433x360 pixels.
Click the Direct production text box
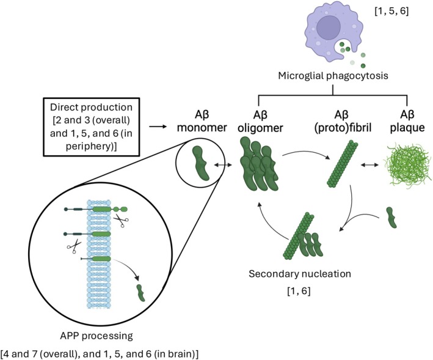click(x=92, y=127)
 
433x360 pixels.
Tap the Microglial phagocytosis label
click(x=333, y=75)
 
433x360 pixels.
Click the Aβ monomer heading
click(x=202, y=121)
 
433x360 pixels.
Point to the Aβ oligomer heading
click(x=261, y=121)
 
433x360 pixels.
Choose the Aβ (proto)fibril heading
click(x=343, y=121)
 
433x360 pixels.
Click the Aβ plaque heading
click(x=407, y=121)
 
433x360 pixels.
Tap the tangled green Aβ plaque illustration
click(x=407, y=165)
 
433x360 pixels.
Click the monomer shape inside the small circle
click(x=200, y=163)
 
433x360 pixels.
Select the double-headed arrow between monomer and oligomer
click(x=224, y=165)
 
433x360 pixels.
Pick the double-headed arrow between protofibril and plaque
click(x=369, y=165)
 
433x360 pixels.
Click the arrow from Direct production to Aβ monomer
click(x=158, y=127)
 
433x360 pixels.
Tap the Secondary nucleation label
click(x=300, y=274)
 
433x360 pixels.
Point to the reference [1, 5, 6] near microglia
click(x=391, y=12)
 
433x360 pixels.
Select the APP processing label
click(x=96, y=336)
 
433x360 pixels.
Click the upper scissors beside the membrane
click(x=121, y=221)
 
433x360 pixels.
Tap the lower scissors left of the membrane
click(x=74, y=246)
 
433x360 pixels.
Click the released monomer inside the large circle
click(x=141, y=293)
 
